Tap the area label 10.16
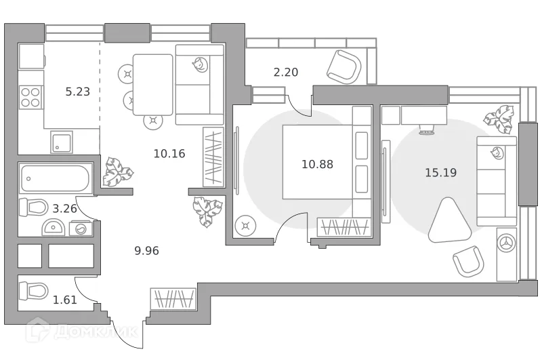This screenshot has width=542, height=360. tap(169, 153)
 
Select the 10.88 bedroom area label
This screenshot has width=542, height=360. tap(317, 163)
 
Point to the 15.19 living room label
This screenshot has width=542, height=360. tap(440, 173)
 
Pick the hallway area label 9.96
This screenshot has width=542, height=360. tap(147, 250)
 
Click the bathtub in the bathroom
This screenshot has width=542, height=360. tap(55, 178)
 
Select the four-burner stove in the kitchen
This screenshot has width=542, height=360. tap(30, 98)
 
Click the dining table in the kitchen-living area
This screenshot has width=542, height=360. tap(152, 84)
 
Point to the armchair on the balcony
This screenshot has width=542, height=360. tap(343, 66)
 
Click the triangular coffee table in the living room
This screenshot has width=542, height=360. tap(448, 220)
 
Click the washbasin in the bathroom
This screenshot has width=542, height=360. tap(54, 228)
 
